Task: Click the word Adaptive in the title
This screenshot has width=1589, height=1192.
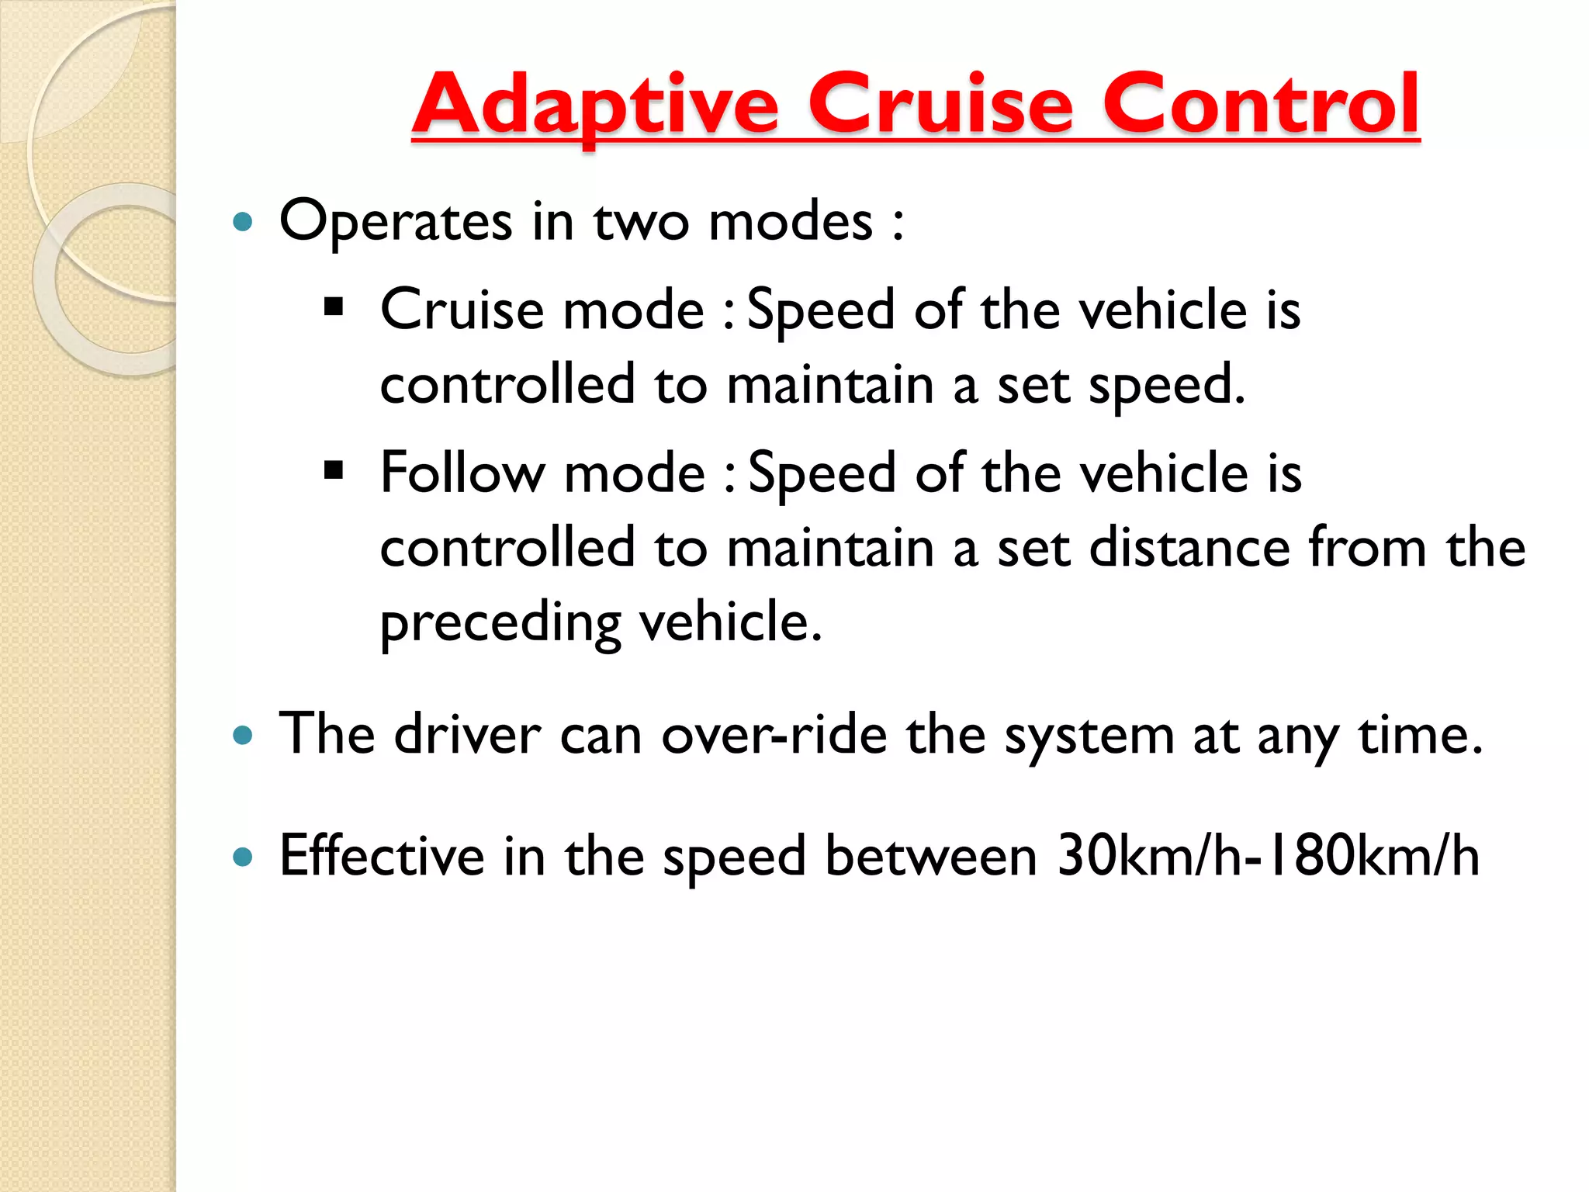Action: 595,105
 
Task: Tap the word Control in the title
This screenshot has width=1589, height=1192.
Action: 1261,105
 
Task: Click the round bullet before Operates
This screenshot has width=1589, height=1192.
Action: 243,223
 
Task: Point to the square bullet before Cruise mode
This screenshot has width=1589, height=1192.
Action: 334,307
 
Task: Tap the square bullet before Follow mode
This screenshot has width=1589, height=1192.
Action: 334,470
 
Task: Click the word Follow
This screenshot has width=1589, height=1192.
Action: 462,473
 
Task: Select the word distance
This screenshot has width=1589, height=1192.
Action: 1189,548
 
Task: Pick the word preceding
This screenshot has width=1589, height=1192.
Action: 500,623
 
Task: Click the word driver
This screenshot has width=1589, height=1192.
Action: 467,734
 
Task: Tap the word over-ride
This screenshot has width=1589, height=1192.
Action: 774,734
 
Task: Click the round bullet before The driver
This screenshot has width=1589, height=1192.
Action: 243,734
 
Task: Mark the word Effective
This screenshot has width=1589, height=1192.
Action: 382,856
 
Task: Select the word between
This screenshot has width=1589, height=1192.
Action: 930,856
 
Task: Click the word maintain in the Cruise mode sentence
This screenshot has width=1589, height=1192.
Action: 830,385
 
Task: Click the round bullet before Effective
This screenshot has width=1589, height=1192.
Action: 243,857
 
